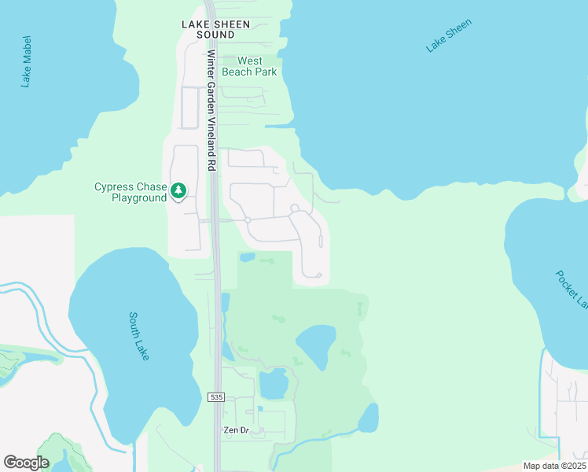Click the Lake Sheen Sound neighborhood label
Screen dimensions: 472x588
pos(215,29)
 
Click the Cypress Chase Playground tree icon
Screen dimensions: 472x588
pos(178,190)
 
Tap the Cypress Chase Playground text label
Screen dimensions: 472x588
pos(130,192)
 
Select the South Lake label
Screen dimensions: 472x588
pos(140,336)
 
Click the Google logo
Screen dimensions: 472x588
pos(26,463)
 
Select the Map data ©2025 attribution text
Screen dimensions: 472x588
pos(553,466)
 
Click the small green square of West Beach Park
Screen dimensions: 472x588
pos(230,60)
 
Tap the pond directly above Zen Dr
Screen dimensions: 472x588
pos(274,383)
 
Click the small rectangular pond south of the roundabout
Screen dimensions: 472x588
pos(247,257)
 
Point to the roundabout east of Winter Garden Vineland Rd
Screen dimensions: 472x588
pos(247,220)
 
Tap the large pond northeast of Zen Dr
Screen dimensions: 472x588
pos(318,345)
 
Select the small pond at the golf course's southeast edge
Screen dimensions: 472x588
pos(369,419)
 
